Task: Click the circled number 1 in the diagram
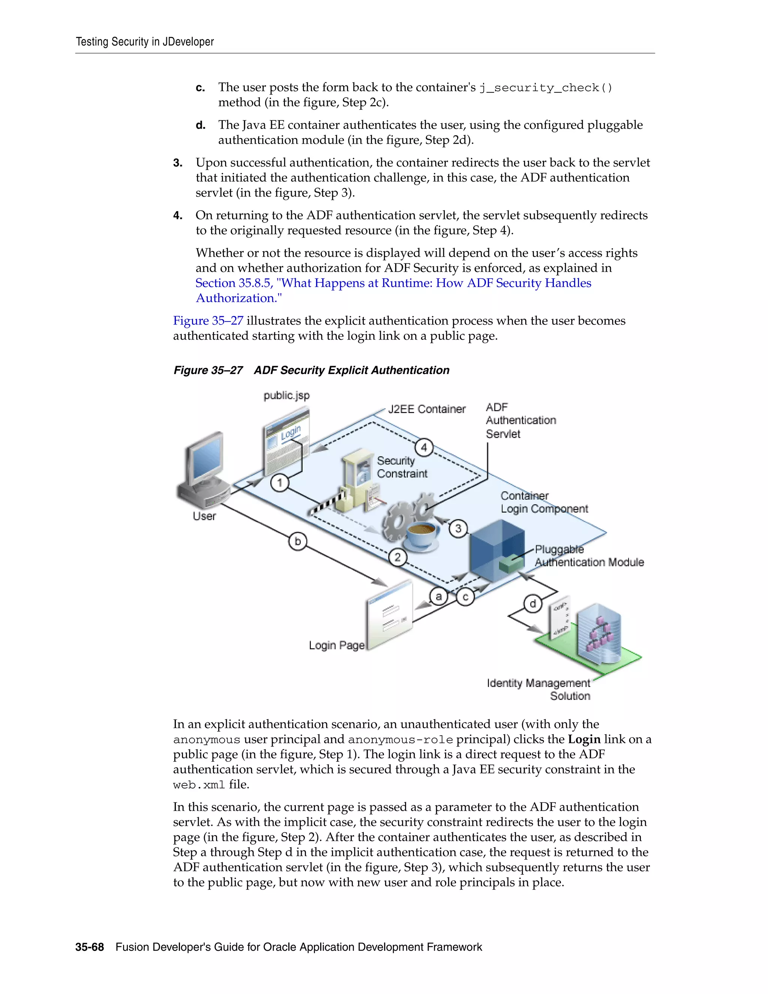pos(280,482)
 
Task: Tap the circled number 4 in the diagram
pos(424,447)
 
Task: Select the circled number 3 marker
pos(458,529)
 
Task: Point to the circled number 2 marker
pos(397,557)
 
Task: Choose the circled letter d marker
pos(533,604)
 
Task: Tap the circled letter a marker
pos(439,596)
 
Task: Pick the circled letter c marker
pos(465,597)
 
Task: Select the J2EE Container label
pos(427,409)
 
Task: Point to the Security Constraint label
pos(402,467)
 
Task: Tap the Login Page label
pos(337,646)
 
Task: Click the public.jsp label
pos(286,395)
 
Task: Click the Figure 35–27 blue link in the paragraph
pos(208,321)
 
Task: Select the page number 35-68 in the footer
pos(90,947)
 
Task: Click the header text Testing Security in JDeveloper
pos(145,42)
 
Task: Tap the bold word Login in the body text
pos(584,739)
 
